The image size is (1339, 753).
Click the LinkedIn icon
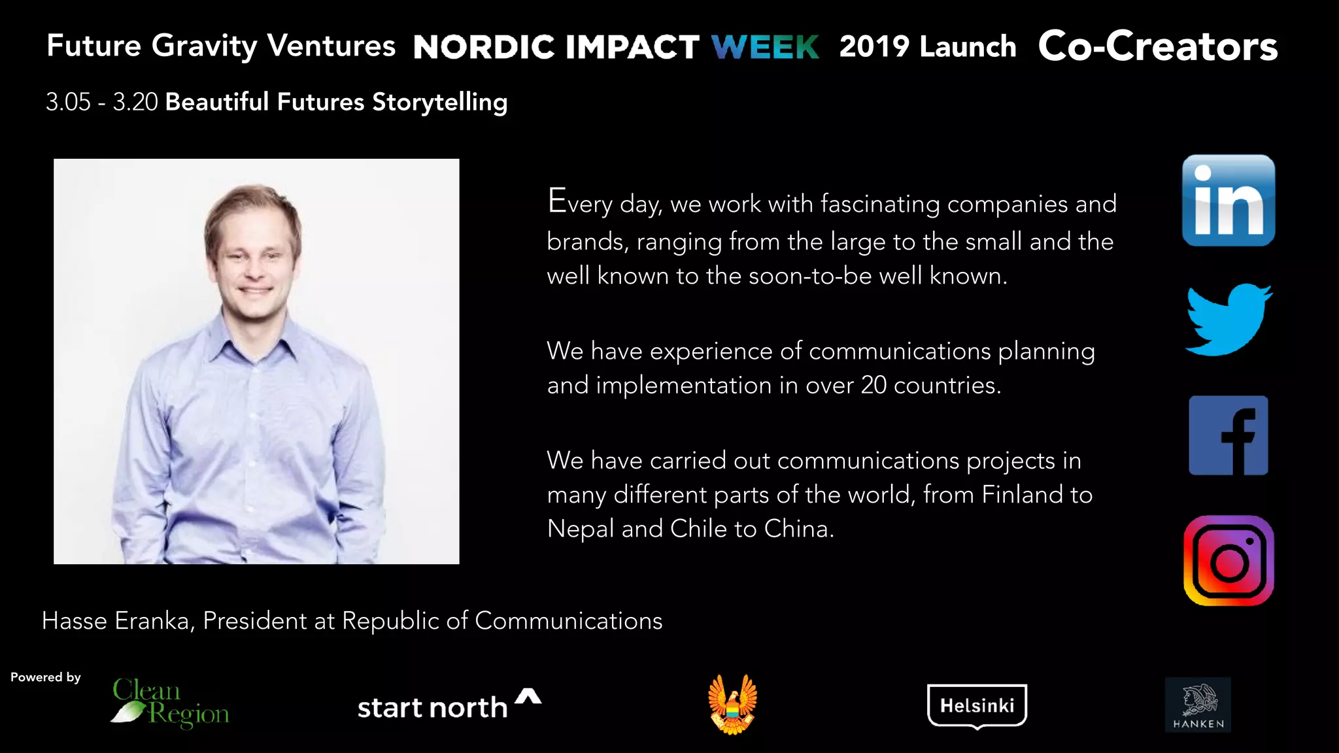1228,201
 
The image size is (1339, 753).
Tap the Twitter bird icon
1228,320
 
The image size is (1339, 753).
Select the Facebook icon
1228,435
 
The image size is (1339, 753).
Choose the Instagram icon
1228,561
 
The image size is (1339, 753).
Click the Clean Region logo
170,703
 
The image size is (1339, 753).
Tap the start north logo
449,705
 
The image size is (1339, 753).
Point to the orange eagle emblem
732,705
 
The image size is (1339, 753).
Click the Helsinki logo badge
977,705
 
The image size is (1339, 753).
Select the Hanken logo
1198,705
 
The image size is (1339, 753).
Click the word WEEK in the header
765,47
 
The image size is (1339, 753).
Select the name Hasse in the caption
74,621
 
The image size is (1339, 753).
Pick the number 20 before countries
873,386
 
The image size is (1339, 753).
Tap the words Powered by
46,677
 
